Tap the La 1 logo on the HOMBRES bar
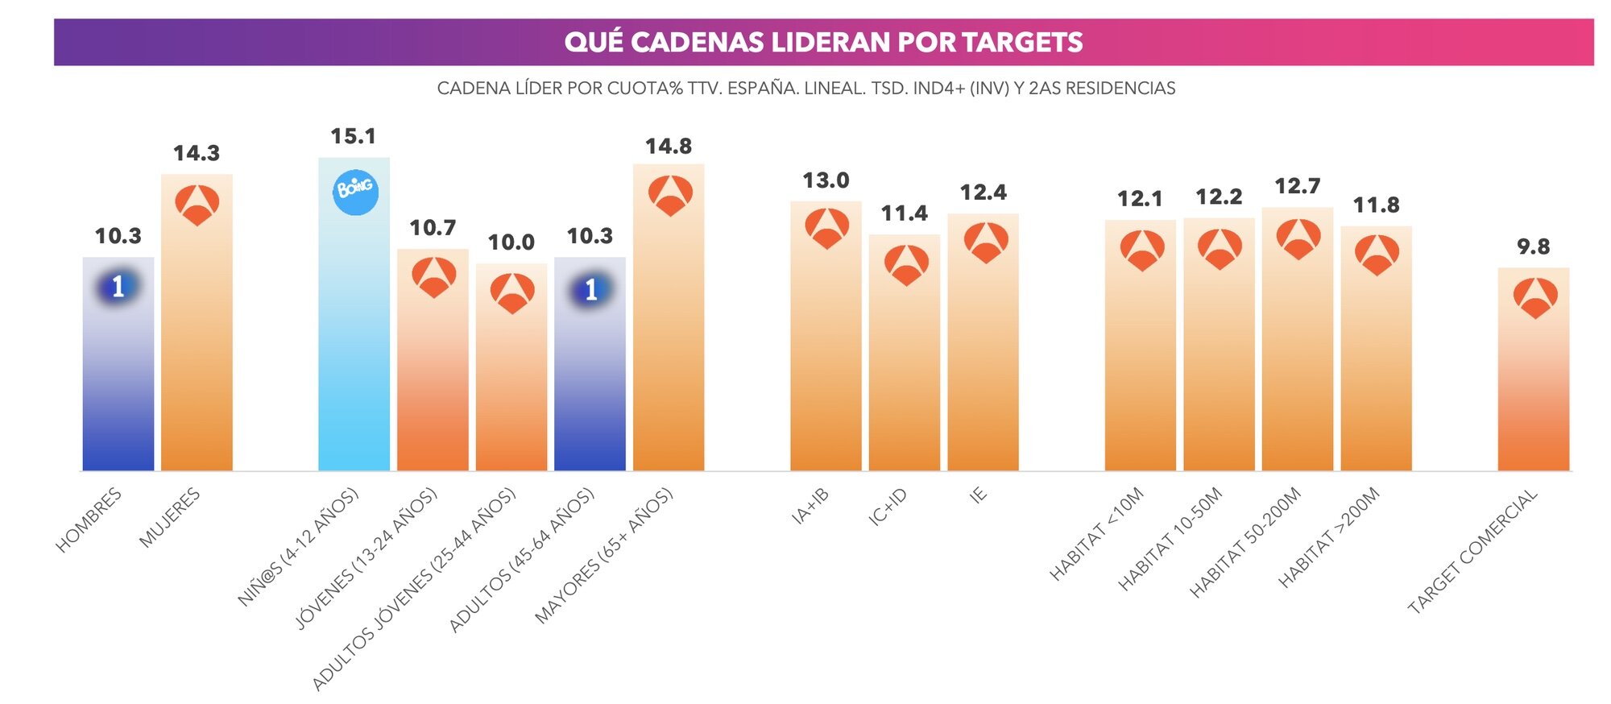(118, 287)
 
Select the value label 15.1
(354, 136)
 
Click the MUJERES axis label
(169, 518)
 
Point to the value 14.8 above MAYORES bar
(669, 146)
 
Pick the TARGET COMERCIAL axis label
(1472, 551)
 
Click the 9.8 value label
(1533, 246)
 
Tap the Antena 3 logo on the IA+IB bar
(826, 228)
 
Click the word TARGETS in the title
(1022, 42)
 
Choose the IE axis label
(978, 495)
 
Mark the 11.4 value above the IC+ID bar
(904, 213)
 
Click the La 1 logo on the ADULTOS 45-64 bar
(590, 290)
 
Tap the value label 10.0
(511, 242)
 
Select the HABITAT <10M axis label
(1096, 534)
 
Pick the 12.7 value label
(1297, 186)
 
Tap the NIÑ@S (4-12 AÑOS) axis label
(298, 547)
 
